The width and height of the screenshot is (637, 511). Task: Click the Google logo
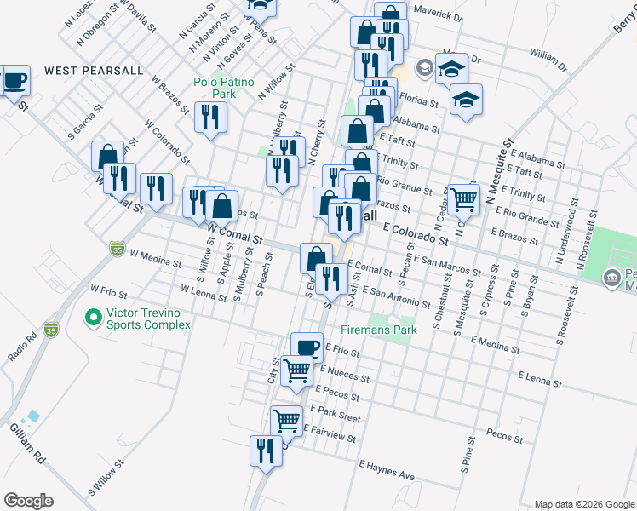click(28, 501)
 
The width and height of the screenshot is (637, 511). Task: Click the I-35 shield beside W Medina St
click(118, 249)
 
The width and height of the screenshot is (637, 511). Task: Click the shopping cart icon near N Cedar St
click(463, 198)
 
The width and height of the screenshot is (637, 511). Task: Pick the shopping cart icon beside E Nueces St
click(296, 370)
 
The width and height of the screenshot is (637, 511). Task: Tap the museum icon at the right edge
click(611, 278)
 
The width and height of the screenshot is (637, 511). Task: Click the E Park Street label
click(338, 415)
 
